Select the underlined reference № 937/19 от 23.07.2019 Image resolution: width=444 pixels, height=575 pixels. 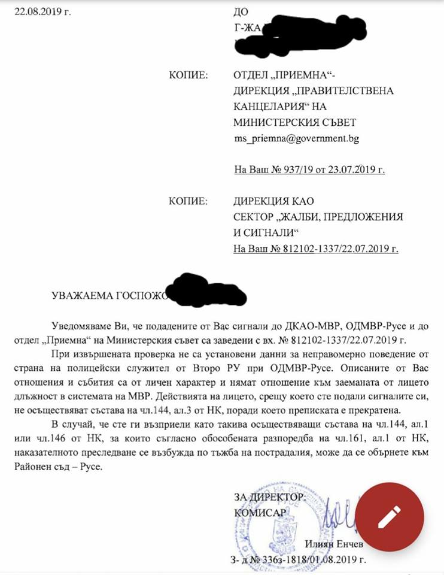[x=309, y=170]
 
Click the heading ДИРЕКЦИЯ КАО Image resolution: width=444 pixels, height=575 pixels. [x=273, y=201]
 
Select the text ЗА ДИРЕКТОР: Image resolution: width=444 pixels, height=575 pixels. [x=270, y=497]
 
